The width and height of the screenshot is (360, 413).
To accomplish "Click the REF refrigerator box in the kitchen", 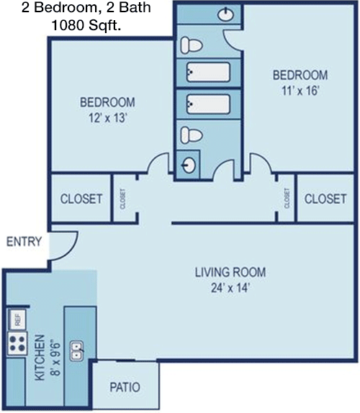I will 16,318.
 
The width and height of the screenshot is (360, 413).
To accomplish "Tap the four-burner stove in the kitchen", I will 17,343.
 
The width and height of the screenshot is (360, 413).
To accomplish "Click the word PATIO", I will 125,387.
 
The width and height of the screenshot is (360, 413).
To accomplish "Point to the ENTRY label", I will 24,242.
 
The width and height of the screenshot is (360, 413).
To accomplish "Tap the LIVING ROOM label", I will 230,272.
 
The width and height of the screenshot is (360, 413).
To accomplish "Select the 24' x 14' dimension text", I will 230,287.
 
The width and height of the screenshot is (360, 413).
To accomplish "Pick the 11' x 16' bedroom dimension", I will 300,91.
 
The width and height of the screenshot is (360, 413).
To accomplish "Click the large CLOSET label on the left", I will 81,199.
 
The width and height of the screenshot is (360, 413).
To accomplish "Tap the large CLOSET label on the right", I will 325,199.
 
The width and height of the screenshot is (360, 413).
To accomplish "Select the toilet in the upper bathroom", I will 191,46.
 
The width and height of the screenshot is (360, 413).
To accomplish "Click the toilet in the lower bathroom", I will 191,134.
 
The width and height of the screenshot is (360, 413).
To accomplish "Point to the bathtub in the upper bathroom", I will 208,72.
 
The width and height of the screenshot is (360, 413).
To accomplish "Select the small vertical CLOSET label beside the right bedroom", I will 287,198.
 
